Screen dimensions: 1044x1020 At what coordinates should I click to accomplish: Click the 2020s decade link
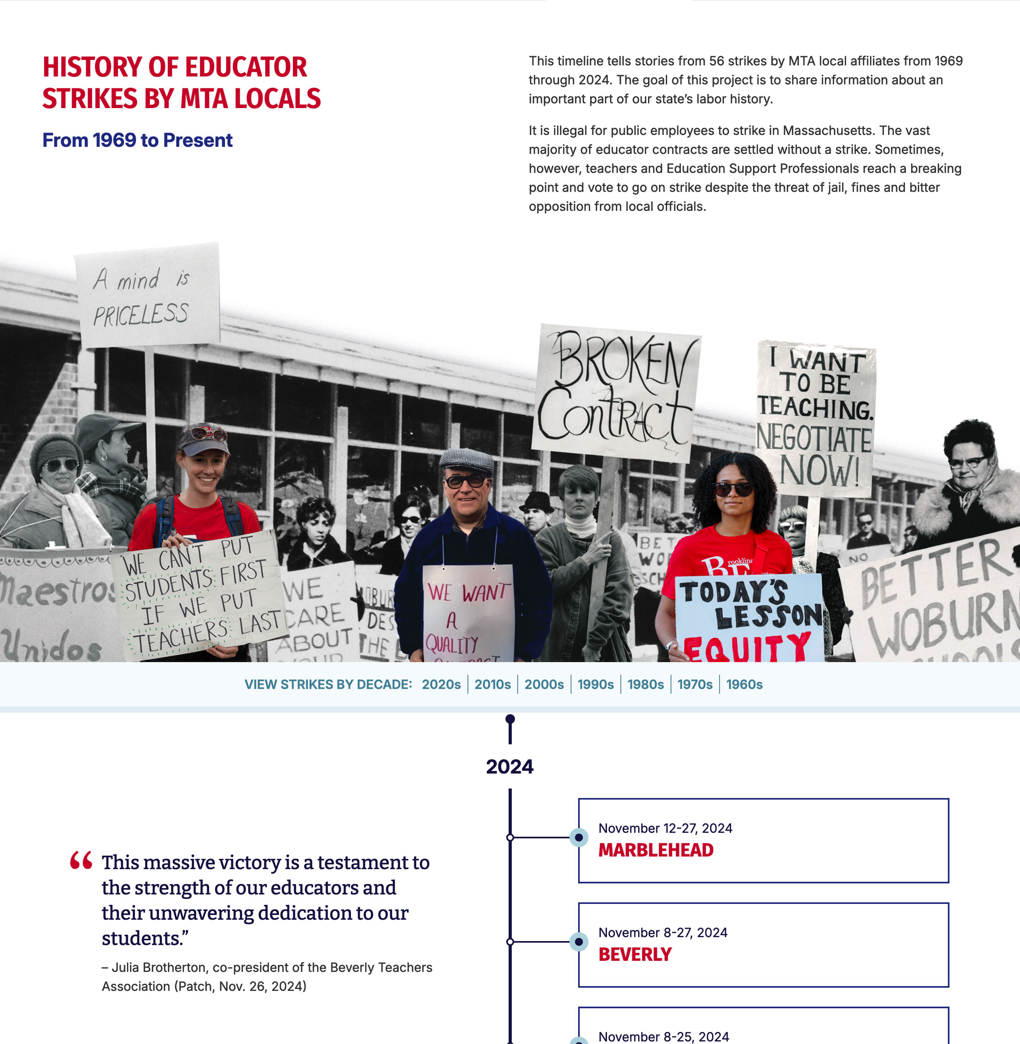click(x=441, y=685)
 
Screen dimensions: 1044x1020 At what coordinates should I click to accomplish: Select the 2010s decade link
click(x=492, y=685)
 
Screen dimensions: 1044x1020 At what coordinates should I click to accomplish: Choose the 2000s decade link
click(x=544, y=685)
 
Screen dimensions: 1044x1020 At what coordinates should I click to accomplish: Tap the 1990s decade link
click(x=595, y=685)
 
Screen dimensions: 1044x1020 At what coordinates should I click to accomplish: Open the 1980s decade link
click(x=645, y=685)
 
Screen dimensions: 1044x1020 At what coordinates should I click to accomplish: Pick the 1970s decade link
click(x=695, y=685)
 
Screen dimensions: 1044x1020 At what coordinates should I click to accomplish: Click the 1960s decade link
click(x=744, y=685)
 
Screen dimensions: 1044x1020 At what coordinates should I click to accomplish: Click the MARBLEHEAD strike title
click(x=656, y=850)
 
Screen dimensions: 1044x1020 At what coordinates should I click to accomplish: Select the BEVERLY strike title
click(x=635, y=954)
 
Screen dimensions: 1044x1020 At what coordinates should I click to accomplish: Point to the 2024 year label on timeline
click(x=510, y=766)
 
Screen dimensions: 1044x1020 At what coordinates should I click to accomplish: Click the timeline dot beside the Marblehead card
click(x=579, y=837)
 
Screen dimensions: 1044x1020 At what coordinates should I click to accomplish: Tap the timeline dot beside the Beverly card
click(x=579, y=942)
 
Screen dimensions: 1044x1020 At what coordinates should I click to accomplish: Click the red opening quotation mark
click(x=81, y=860)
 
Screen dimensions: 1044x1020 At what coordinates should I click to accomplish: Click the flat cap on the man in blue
click(x=466, y=460)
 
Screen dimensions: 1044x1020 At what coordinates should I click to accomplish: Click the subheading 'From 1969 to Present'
click(x=137, y=140)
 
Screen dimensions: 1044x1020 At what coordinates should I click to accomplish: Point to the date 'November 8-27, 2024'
click(x=663, y=933)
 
